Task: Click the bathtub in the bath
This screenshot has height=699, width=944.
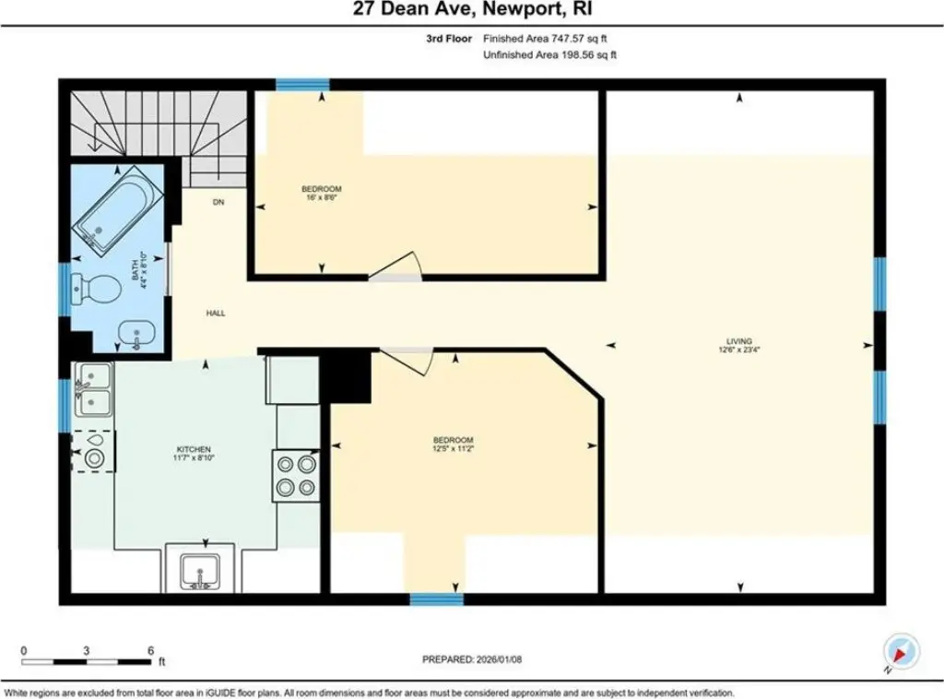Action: click(117, 207)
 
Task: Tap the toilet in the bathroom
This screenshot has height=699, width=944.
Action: click(95, 289)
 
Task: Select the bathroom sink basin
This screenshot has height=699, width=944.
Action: click(136, 333)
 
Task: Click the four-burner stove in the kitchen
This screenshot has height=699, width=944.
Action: click(296, 476)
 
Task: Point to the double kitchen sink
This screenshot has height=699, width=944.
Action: click(93, 389)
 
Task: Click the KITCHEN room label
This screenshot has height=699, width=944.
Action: click(194, 449)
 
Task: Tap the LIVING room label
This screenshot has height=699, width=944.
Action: click(739, 341)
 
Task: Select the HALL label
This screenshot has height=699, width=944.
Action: click(216, 314)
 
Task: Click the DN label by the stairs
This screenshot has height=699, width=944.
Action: click(218, 202)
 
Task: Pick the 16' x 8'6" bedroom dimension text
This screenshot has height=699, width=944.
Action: click(322, 196)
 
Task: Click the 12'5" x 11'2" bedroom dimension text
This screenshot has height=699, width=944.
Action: click(454, 448)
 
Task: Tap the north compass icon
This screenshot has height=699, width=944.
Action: click(902, 651)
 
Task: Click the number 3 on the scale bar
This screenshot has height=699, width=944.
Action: click(87, 650)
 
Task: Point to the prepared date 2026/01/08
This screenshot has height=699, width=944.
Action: click(498, 659)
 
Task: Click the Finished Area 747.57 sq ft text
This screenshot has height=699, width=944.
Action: click(545, 39)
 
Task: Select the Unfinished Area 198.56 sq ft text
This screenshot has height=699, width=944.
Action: click(549, 54)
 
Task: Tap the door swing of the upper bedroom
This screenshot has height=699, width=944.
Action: click(395, 267)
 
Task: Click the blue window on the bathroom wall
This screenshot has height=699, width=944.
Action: click(65, 289)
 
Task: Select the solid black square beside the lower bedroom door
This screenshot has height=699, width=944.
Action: click(346, 377)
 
